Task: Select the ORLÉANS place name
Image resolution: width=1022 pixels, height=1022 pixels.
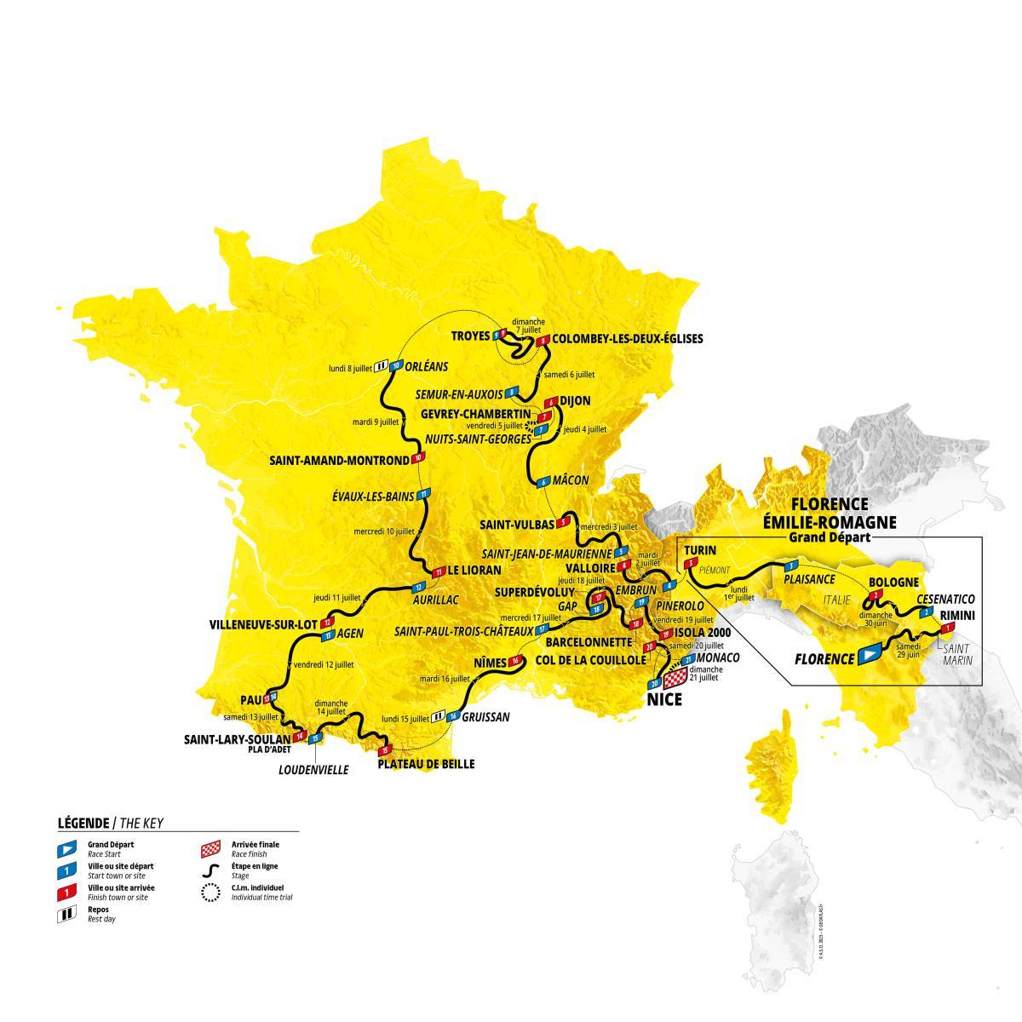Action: tap(428, 366)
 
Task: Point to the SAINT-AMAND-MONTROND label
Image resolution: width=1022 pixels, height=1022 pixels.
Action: tap(339, 461)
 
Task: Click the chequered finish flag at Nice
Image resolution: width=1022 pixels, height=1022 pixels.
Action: tap(675, 679)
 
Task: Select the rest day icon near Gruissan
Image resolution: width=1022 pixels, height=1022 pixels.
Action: tap(439, 716)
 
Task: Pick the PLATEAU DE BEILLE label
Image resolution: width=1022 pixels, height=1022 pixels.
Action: tap(426, 764)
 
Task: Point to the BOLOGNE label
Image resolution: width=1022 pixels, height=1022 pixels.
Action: tap(893, 583)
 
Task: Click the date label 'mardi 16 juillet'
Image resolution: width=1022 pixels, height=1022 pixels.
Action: tap(444, 679)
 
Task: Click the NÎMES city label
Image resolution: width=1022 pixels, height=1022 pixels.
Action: tap(488, 661)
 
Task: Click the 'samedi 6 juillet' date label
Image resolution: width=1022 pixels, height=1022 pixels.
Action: tap(570, 375)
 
